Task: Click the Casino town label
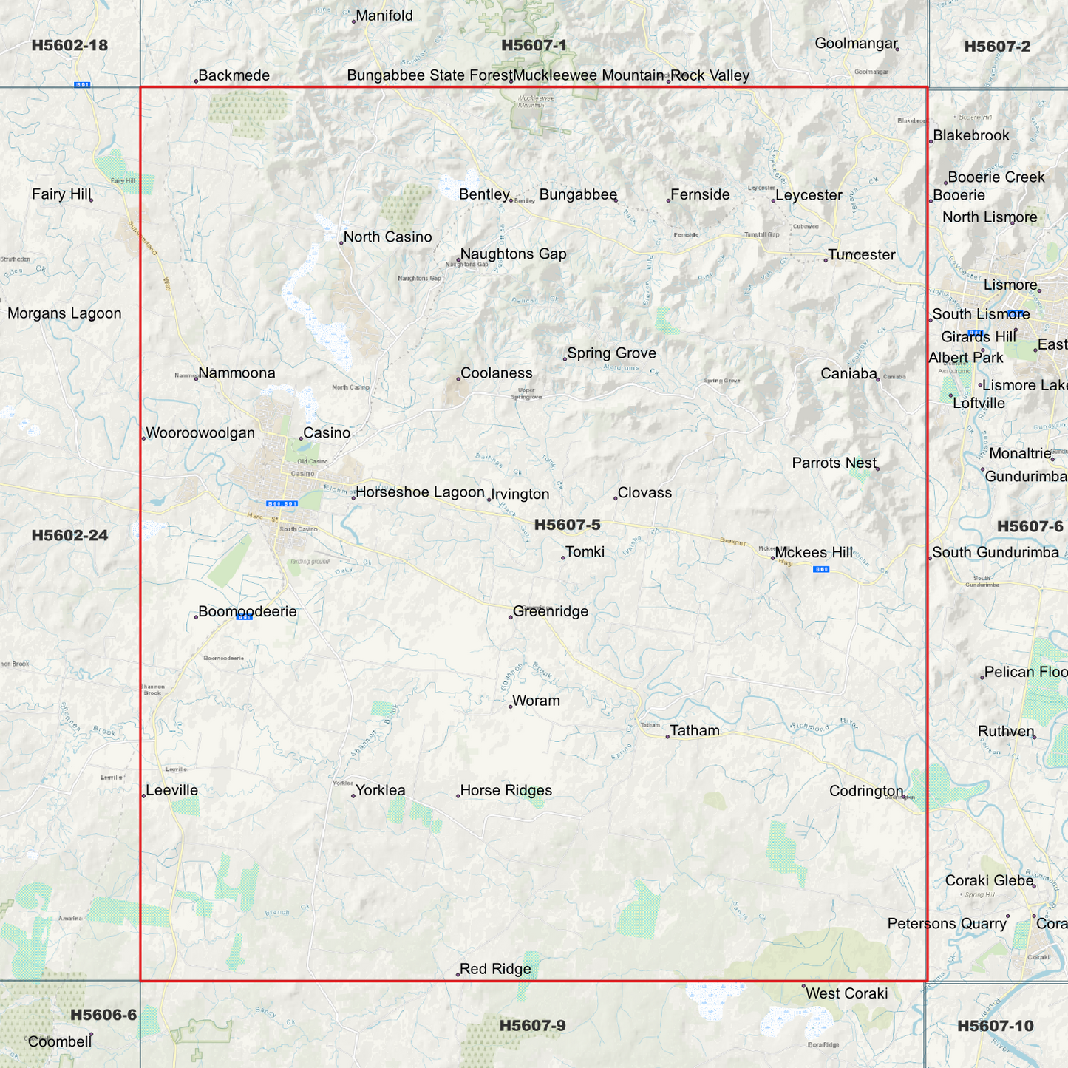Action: click(327, 433)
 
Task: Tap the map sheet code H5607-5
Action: click(567, 525)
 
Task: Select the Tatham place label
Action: click(694, 731)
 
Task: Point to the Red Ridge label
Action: click(495, 969)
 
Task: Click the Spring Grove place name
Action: click(611, 353)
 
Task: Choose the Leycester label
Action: click(809, 195)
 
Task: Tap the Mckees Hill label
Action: click(814, 553)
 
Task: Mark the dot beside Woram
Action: click(511, 707)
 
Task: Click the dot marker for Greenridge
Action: click(511, 616)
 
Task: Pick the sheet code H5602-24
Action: click(69, 535)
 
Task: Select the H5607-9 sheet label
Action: click(532, 1025)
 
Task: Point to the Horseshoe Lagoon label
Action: click(420, 492)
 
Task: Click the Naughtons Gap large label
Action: click(513, 254)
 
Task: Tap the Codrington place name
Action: click(866, 791)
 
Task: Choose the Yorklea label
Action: click(381, 790)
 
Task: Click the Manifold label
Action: click(384, 16)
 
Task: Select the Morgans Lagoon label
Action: click(64, 313)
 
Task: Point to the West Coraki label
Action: click(846, 993)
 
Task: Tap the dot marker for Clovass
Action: click(616, 498)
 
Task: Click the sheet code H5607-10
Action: click(995, 1026)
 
